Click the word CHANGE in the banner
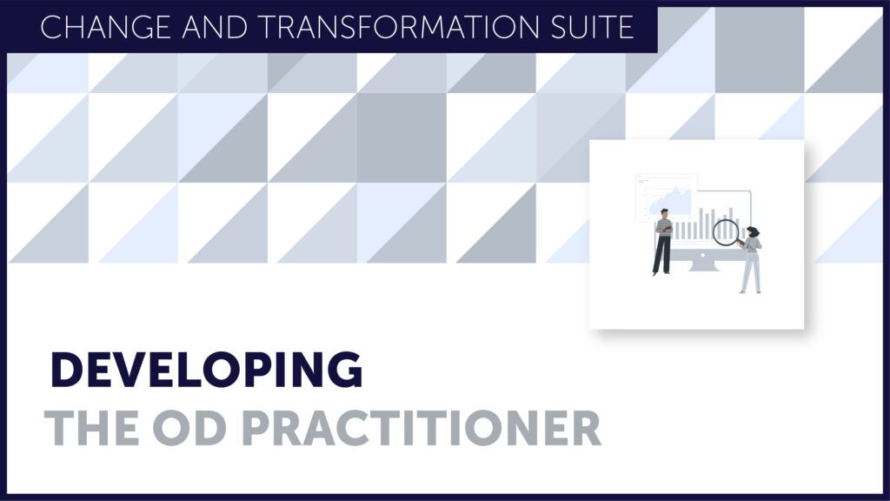click(105, 27)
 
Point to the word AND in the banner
click(214, 27)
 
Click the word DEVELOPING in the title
click(207, 370)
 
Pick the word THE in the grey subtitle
click(92, 429)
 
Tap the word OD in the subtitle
click(189, 429)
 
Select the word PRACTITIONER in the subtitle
click(422, 429)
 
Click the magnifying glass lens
click(726, 232)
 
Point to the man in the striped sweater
click(662, 242)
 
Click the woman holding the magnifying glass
click(751, 259)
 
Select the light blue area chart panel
click(667, 197)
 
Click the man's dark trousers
click(661, 254)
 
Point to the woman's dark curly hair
click(753, 231)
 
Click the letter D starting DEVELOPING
click(67, 370)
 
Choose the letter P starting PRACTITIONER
click(257, 429)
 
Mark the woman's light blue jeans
click(752, 271)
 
